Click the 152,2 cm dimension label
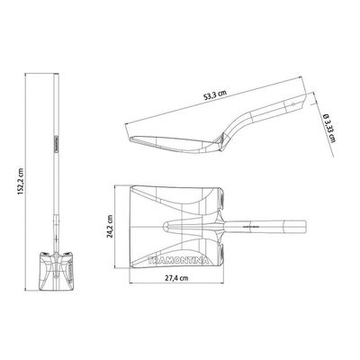coord(21,181)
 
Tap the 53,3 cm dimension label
coord(215,94)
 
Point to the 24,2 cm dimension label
coord(110,226)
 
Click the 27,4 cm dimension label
coord(176,278)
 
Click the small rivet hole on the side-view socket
coord(293,104)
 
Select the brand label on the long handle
coord(56,143)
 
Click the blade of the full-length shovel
coord(56,271)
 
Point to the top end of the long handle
coord(56,74)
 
